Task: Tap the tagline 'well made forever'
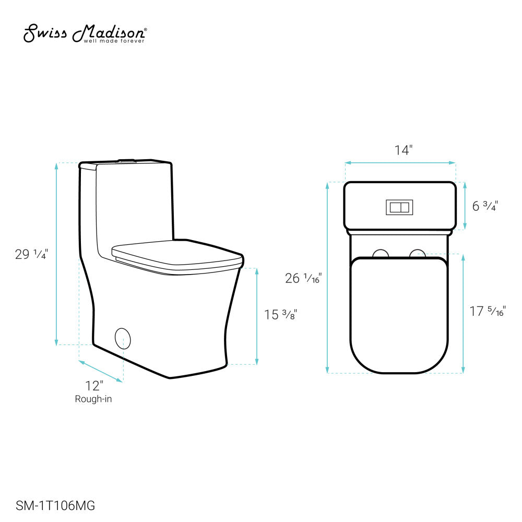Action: pyautogui.click(x=114, y=41)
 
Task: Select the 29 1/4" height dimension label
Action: pyautogui.click(x=32, y=254)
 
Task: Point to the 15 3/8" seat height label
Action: pyautogui.click(x=280, y=315)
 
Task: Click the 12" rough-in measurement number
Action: pyautogui.click(x=94, y=386)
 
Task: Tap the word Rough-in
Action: pyautogui.click(x=93, y=399)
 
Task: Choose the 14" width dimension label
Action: pyautogui.click(x=402, y=150)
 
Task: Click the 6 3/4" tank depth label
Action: pyautogui.click(x=485, y=206)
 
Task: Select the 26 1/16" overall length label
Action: pyautogui.click(x=303, y=278)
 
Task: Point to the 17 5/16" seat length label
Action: pyautogui.click(x=487, y=312)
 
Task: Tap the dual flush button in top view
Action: pyautogui.click(x=400, y=207)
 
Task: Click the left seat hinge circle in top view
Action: pyautogui.click(x=382, y=254)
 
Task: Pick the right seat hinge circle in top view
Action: pyautogui.click(x=417, y=254)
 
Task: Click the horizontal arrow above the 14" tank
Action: pyautogui.click(x=400, y=163)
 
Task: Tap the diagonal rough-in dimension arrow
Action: pyautogui.click(x=101, y=371)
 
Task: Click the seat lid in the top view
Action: pyautogui.click(x=399, y=313)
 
